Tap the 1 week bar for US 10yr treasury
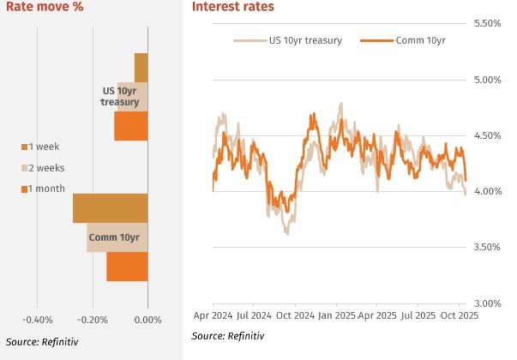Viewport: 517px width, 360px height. pos(141,67)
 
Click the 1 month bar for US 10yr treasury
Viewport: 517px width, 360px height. pos(131,126)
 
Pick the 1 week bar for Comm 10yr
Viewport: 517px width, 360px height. pos(111,208)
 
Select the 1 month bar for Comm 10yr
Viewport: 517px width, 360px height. pos(127,267)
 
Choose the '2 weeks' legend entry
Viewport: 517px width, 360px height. pos(47,168)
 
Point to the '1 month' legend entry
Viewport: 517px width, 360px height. pos(47,189)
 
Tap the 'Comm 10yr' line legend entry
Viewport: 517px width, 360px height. pos(414,40)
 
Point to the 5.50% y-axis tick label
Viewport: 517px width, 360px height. pos(488,23)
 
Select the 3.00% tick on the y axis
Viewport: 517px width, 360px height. pos(488,303)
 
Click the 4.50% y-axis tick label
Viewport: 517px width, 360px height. pos(488,135)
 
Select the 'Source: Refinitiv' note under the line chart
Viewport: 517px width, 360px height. pos(229,338)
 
